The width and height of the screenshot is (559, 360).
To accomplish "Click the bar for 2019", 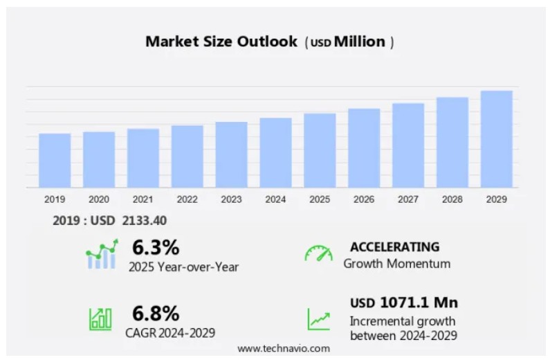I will pyautogui.click(x=55, y=160).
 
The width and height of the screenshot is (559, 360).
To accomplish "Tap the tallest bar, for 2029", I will pyautogui.click(x=497, y=139).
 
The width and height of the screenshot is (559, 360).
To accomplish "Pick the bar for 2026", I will pyautogui.click(x=364, y=148).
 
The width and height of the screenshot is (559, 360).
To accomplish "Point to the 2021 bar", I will pyautogui.click(x=143, y=158).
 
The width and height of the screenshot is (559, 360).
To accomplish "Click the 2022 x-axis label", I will pyautogui.click(x=187, y=199).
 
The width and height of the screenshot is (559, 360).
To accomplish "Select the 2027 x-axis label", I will pyautogui.click(x=408, y=199).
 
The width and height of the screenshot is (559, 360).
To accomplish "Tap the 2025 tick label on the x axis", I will pyautogui.click(x=320, y=199).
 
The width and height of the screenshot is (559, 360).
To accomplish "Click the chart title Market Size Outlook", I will pyautogui.click(x=220, y=42).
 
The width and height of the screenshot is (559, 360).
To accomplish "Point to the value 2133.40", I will pyautogui.click(x=144, y=221).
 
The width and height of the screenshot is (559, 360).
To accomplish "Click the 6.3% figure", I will pyautogui.click(x=156, y=247).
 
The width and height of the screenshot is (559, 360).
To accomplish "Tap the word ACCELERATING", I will pyautogui.click(x=394, y=246).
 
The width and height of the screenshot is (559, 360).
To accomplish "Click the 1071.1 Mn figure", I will pyautogui.click(x=419, y=303).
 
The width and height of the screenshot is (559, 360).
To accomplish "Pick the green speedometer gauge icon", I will pyautogui.click(x=318, y=253).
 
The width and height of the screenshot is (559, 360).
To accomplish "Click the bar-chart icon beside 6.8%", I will pyautogui.click(x=100, y=318).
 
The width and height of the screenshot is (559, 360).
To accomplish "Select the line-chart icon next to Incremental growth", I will pyautogui.click(x=319, y=319).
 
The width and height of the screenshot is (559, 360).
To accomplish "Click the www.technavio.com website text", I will pyautogui.click(x=284, y=348).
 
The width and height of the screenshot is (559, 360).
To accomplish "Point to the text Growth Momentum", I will pyautogui.click(x=396, y=264).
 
